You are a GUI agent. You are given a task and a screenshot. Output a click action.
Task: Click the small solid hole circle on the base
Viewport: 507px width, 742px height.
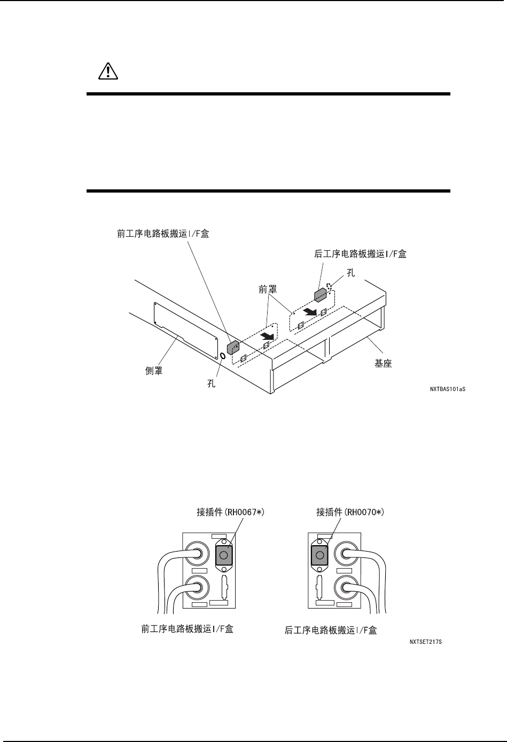pos(222,356)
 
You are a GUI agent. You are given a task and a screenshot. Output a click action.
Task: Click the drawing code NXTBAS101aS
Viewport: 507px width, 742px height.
pos(448,390)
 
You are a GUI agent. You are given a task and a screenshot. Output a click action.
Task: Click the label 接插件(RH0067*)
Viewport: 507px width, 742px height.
pos(231,512)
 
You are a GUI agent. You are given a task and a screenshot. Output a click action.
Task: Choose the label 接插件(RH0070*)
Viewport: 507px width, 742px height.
pos(350,512)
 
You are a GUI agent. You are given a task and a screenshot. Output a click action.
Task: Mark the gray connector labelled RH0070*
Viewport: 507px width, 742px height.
pos(319,555)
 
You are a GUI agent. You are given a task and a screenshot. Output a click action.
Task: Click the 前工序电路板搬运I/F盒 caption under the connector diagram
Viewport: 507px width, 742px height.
pos(187,629)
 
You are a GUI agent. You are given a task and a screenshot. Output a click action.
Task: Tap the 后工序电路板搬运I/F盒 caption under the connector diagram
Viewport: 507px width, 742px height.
pos(331,631)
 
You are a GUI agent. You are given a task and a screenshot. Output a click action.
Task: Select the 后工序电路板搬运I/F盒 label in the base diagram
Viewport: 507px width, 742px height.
pos(360,254)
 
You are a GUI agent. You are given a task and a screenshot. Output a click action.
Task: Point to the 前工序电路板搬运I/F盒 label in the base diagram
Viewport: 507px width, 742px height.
pos(163,234)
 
